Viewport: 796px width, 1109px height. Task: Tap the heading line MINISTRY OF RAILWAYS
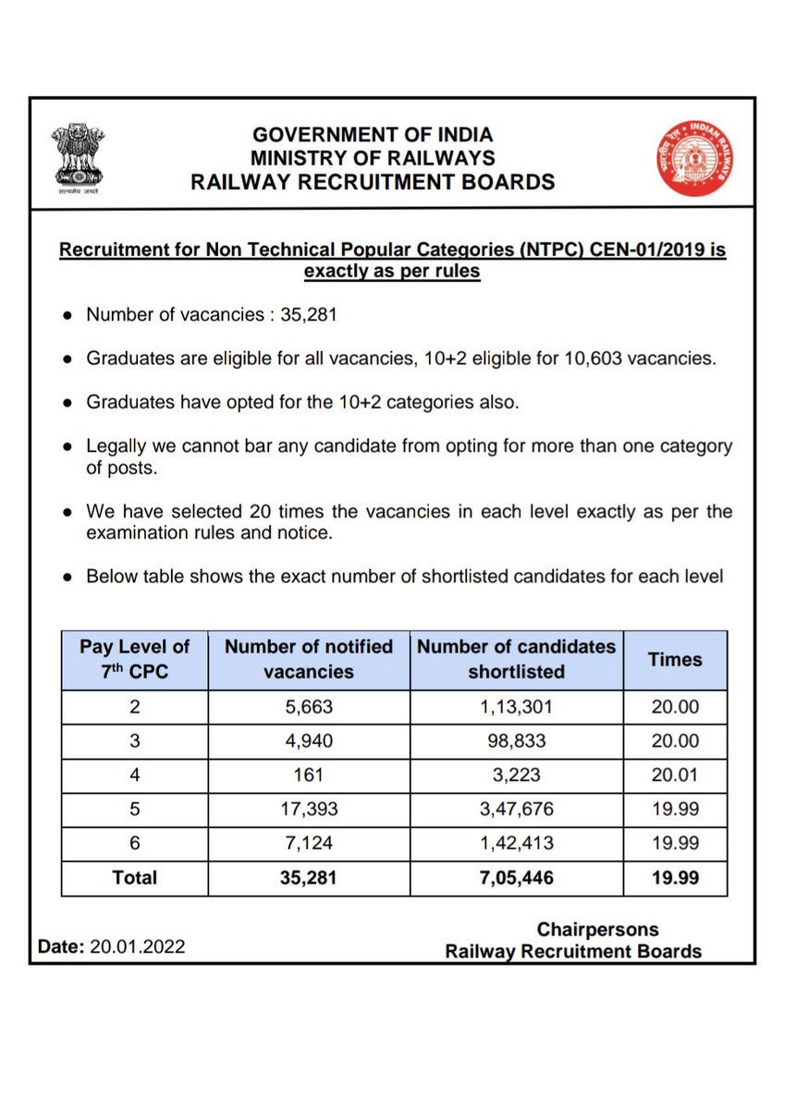tap(373, 158)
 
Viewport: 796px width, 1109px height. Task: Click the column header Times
tap(674, 660)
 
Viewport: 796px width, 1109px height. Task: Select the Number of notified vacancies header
tap(309, 660)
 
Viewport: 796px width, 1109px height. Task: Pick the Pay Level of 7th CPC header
tap(134, 660)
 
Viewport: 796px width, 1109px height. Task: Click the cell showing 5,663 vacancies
tap(309, 708)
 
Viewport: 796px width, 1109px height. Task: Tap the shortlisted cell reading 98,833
tap(516, 741)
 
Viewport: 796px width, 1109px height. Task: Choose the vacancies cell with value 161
tap(309, 775)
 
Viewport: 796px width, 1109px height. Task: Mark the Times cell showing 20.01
tap(674, 775)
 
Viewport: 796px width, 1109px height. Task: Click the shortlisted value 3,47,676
tap(516, 810)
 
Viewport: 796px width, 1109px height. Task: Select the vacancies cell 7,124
tap(309, 843)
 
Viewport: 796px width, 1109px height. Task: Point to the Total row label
tap(134, 878)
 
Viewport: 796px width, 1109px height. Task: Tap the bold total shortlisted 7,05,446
tap(516, 878)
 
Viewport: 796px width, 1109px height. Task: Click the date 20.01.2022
tap(138, 947)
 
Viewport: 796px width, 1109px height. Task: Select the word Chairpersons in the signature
tap(598, 930)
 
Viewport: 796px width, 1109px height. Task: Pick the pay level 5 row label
tap(134, 810)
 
